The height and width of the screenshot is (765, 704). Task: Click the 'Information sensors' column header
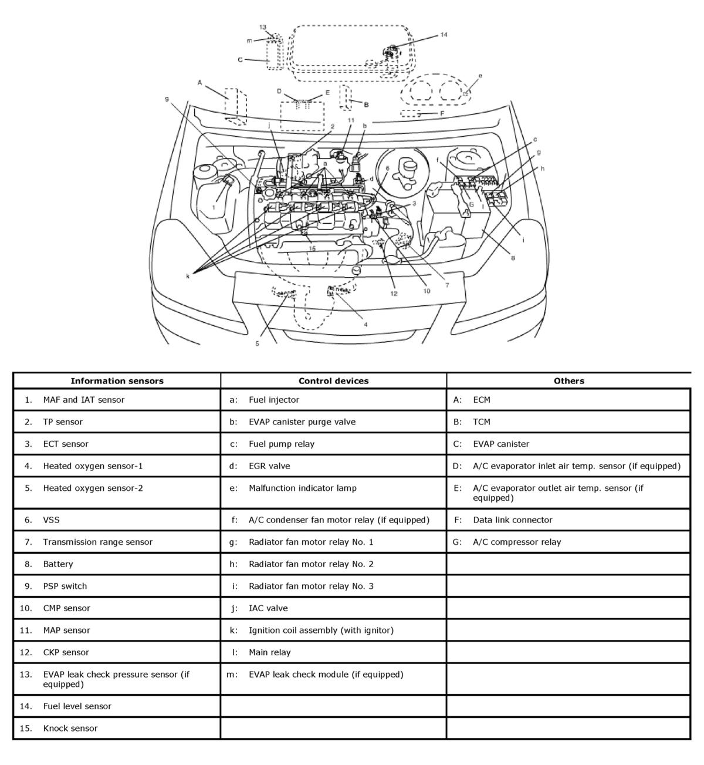click(117, 380)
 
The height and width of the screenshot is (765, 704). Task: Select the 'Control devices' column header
click(333, 380)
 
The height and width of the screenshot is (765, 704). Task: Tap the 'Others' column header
click(568, 380)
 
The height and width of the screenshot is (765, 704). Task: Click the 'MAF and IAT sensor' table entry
click(83, 400)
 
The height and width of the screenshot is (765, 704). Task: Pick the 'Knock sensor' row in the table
click(70, 728)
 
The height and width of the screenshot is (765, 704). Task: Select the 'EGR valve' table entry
click(269, 466)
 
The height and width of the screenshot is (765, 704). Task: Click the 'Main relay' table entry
click(269, 652)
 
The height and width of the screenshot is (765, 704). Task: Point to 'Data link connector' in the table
click(512, 520)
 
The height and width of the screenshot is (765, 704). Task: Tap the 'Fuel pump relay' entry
click(281, 444)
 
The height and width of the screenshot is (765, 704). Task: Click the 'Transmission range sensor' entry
click(97, 542)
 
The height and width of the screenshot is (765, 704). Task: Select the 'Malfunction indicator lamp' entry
click(302, 488)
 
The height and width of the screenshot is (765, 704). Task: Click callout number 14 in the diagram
click(444, 35)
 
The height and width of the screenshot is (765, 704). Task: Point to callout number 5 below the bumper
click(257, 343)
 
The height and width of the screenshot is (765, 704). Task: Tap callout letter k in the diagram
click(188, 276)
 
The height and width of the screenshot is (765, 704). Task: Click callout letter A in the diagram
click(199, 83)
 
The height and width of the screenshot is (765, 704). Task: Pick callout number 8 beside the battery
click(513, 258)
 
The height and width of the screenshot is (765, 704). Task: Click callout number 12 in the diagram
click(394, 293)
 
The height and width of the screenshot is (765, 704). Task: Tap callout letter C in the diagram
click(240, 59)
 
